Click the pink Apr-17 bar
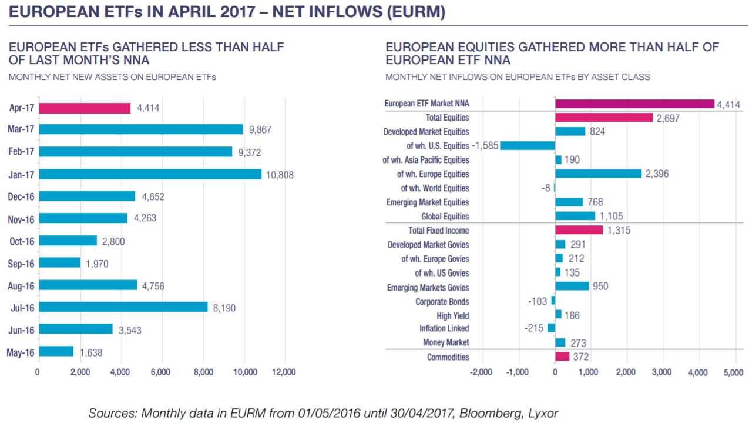(x=85, y=108)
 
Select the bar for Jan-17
(x=150, y=174)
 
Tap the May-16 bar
(x=56, y=351)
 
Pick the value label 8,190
(x=224, y=308)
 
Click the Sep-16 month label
(x=21, y=264)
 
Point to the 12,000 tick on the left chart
(x=284, y=372)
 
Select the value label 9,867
(x=260, y=129)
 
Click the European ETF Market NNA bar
(x=634, y=104)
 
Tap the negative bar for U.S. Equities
(x=528, y=145)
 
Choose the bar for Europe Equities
(x=599, y=174)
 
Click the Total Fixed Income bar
(x=579, y=230)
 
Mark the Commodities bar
(x=562, y=357)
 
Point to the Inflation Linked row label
(x=444, y=328)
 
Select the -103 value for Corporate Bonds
(x=538, y=301)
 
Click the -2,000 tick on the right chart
(x=481, y=372)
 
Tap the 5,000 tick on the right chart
(x=733, y=372)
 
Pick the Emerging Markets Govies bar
(x=572, y=286)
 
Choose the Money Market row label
(x=446, y=342)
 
